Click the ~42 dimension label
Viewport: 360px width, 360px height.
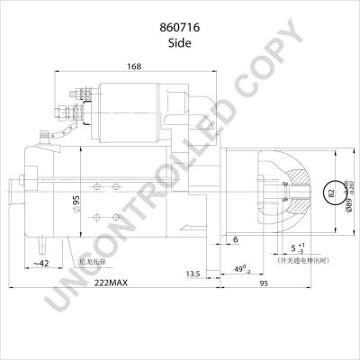pos(40,262)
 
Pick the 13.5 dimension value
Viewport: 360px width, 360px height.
pos(193,272)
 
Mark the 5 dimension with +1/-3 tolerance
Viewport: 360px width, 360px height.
pos(296,247)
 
